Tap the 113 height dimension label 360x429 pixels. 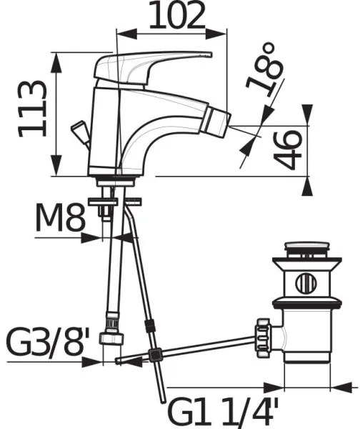[x=34, y=108]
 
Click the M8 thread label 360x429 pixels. [x=61, y=220]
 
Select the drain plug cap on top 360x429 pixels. [x=309, y=251]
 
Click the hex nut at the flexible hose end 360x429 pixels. [x=111, y=336]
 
